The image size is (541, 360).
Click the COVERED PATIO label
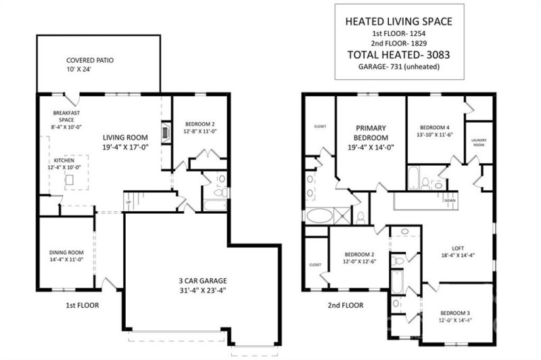click(x=90, y=60)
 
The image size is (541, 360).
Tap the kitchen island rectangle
click(x=70, y=180)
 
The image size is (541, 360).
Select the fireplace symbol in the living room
click(x=166, y=133)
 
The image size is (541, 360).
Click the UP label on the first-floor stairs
click(x=128, y=202)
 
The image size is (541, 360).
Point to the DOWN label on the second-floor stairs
click(x=450, y=200)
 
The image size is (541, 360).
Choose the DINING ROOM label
click(x=66, y=252)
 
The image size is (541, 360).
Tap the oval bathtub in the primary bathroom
click(x=320, y=216)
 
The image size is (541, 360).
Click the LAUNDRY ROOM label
click(x=479, y=143)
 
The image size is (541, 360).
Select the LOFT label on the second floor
click(x=458, y=248)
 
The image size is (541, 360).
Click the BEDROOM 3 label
click(x=455, y=313)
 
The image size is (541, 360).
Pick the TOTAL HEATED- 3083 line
click(x=398, y=55)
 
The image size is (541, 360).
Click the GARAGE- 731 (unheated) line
click(x=399, y=66)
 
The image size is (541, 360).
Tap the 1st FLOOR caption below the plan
click(x=82, y=305)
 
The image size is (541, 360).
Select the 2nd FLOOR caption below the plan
click(x=346, y=305)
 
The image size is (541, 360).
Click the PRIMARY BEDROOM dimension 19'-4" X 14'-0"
click(x=371, y=148)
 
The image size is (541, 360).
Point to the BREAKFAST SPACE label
click(x=66, y=116)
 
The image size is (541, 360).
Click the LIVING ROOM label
click(x=125, y=137)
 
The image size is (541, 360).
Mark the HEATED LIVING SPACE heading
click(x=398, y=22)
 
